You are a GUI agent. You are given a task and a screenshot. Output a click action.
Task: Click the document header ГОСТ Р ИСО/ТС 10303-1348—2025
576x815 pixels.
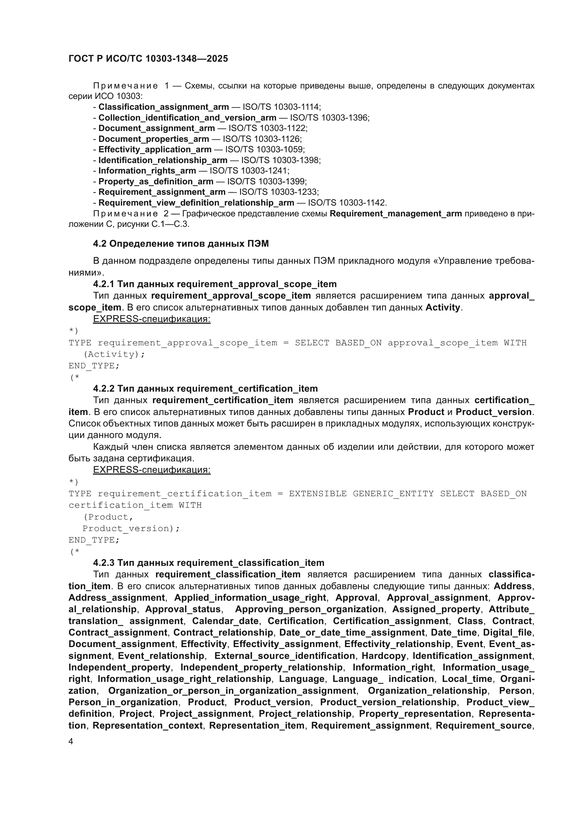pos(148,59)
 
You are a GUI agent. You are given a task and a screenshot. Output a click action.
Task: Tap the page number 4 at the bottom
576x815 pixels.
pos(71,741)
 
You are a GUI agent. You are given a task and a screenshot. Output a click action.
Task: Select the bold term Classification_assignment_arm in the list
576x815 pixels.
pos(164,107)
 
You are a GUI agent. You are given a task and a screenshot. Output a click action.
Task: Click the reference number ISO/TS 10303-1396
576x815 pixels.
pos(329,117)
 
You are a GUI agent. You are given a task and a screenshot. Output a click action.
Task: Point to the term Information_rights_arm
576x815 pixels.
pos(147,171)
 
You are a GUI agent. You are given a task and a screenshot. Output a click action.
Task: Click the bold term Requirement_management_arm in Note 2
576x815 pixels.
pos(396,214)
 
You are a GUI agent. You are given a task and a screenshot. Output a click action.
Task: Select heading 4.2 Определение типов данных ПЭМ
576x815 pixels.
pos(181,244)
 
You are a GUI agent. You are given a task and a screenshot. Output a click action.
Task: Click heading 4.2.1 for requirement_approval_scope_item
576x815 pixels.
pos(215,284)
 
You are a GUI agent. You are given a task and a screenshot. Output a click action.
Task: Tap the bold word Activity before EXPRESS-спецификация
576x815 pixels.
pos(442,307)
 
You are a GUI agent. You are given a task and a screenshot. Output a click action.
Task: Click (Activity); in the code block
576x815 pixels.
pos(114,354)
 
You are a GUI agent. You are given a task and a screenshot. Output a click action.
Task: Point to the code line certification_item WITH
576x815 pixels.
pos(135,505)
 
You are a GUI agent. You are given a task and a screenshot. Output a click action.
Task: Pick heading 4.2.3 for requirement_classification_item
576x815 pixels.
pos(209,563)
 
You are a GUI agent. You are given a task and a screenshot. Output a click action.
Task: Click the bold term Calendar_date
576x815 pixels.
pos(225,621)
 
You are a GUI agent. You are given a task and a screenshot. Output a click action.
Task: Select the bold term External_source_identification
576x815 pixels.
pos(285,656)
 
